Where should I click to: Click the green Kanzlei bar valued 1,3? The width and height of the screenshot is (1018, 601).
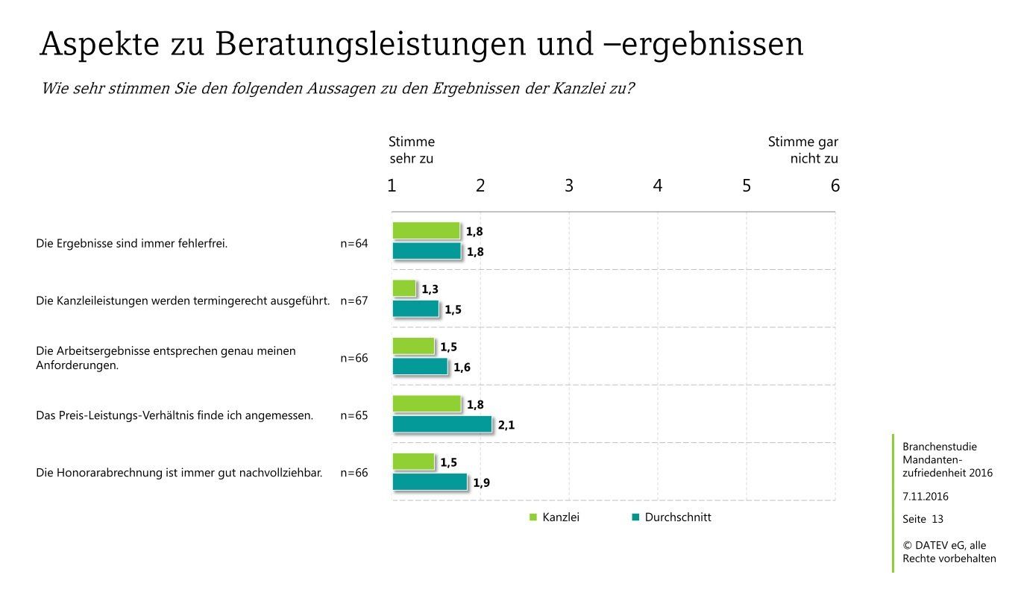pos(404,288)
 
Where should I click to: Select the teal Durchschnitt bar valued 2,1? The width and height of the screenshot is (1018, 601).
pos(442,424)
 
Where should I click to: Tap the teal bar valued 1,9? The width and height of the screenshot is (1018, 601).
pos(430,482)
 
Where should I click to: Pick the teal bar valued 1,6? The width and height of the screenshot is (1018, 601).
pos(420,366)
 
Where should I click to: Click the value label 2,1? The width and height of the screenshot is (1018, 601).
pos(507,425)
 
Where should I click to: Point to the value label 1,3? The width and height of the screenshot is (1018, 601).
pos(430,289)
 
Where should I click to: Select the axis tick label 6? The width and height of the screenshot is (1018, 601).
pos(835,186)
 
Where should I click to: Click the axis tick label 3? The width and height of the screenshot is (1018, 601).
pos(569,186)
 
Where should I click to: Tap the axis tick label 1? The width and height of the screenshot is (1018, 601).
pos(392,186)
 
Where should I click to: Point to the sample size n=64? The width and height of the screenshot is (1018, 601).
pos(354,243)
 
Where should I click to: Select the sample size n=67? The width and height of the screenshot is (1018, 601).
pos(354,301)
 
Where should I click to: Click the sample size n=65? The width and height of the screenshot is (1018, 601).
pos(354,415)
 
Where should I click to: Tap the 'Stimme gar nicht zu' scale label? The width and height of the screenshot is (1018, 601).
pos(803,150)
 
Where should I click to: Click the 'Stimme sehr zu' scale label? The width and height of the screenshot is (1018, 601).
pos(411,150)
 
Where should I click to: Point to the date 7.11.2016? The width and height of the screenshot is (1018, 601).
pos(926,496)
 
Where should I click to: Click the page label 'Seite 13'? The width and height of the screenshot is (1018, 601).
pos(923,519)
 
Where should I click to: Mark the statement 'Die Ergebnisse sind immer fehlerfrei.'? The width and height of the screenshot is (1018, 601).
pos(131,243)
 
